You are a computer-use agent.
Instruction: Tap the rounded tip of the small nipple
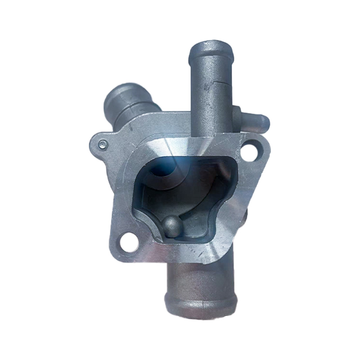click(266, 121)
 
